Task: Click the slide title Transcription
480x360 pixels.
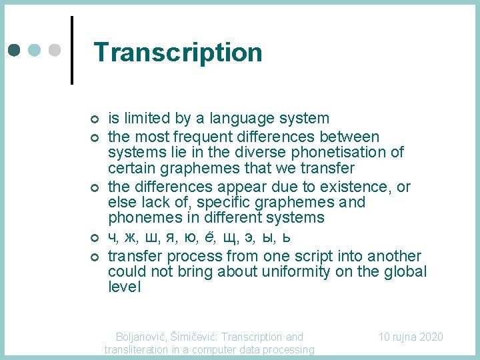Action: coord(178,53)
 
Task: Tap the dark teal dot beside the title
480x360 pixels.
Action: coord(15,51)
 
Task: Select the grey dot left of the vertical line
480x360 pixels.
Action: coord(55,51)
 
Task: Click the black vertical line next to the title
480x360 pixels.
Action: coord(71,50)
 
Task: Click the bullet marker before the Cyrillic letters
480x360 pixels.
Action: coord(93,238)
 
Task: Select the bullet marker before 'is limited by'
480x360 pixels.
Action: coord(93,119)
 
